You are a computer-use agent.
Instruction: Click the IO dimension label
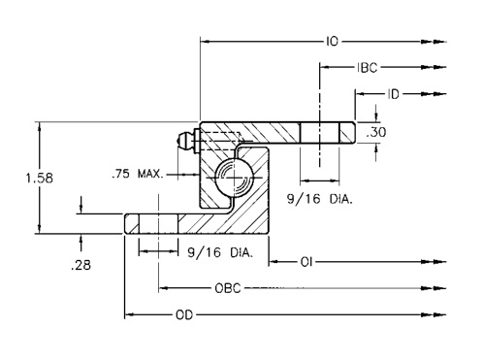click(x=332, y=42)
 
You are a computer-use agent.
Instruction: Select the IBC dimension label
click(x=368, y=67)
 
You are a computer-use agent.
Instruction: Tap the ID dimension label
click(x=393, y=94)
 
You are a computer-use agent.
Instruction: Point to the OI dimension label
click(x=306, y=262)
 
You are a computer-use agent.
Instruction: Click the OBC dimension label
click(x=228, y=288)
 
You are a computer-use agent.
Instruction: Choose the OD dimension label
click(x=184, y=314)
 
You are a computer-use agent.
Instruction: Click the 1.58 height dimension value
click(x=40, y=179)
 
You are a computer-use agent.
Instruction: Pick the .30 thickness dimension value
click(x=376, y=132)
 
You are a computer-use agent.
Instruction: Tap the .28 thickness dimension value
click(x=80, y=265)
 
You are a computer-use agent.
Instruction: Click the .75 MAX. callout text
click(x=138, y=174)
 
